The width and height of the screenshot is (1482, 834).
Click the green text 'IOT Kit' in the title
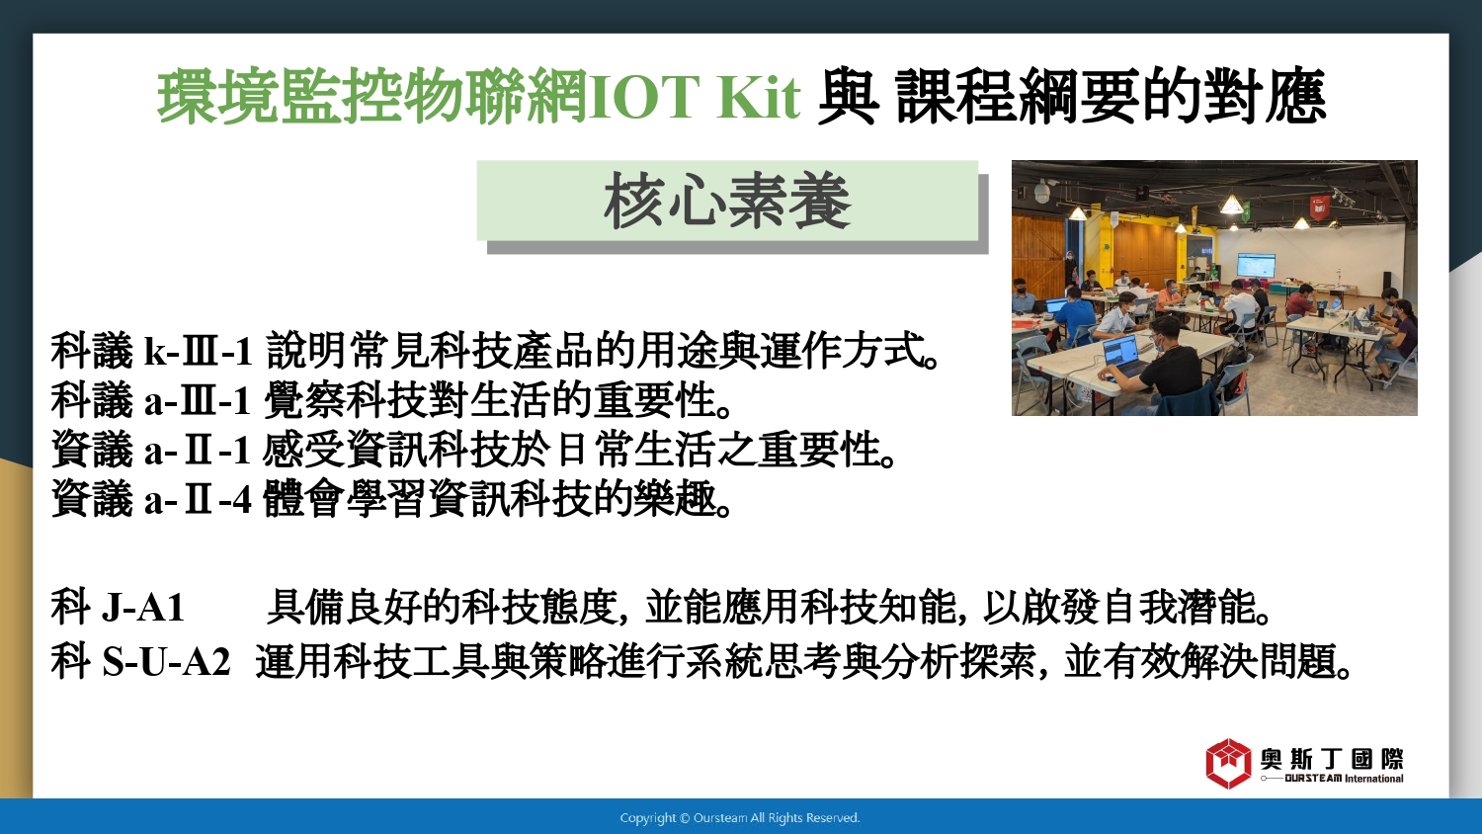[x=694, y=97]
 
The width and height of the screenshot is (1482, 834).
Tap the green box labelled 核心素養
[x=727, y=200]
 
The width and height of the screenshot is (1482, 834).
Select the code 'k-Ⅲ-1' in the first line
[x=198, y=351]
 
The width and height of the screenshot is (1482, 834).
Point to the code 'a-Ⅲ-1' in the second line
[x=198, y=400]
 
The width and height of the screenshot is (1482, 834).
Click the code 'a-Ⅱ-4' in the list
[x=198, y=499]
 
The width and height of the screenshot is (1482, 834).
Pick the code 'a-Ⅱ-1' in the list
[x=198, y=450]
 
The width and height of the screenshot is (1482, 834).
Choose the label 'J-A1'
[x=143, y=607]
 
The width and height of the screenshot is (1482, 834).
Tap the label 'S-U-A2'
[x=166, y=661]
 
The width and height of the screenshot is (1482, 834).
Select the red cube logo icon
[x=1228, y=763]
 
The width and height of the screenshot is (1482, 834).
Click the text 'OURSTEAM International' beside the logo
[x=1343, y=779]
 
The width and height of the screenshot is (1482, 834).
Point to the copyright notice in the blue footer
[x=740, y=818]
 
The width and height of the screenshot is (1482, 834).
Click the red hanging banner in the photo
[x=1319, y=207]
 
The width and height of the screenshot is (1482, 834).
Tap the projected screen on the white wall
[x=1255, y=266]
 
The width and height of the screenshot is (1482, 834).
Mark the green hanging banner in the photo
[x=1247, y=210]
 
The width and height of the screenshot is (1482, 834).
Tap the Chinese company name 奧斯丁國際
[x=1331, y=759]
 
